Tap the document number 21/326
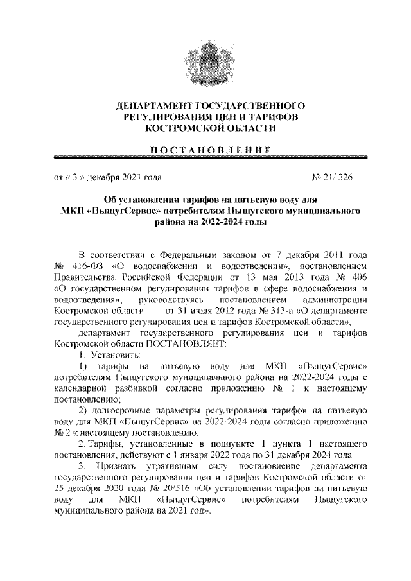[337, 175]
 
